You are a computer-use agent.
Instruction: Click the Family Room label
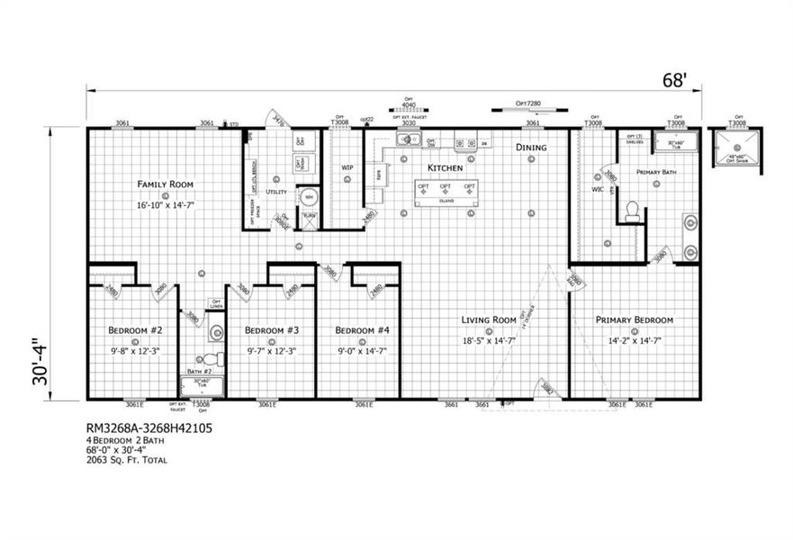point(166,184)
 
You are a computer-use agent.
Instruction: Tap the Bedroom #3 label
point(271,329)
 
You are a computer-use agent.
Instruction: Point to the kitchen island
point(446,192)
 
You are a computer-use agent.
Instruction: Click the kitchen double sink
point(410,139)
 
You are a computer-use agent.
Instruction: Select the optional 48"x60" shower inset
point(737,148)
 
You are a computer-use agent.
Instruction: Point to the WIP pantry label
point(347,167)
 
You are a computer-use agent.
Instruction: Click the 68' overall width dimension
point(673,81)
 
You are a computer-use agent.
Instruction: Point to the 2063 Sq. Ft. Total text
point(127,460)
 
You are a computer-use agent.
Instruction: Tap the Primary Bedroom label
point(635,320)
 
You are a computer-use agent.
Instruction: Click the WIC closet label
point(597,190)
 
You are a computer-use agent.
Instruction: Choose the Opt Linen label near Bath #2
point(215,304)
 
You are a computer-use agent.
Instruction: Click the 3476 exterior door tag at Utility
point(279,120)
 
